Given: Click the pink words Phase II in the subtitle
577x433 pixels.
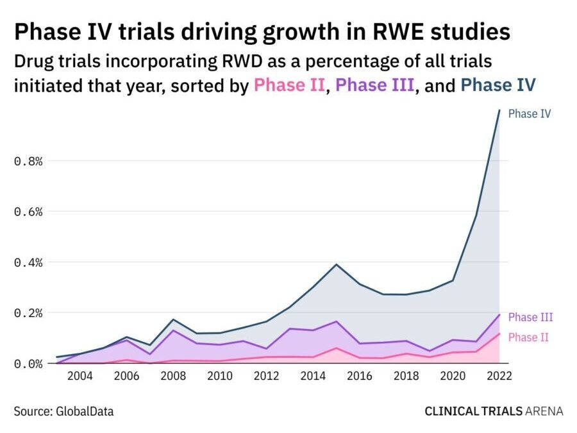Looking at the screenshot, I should (x=290, y=85).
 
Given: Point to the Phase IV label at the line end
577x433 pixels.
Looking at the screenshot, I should (x=530, y=114).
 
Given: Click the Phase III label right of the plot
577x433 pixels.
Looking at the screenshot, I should (x=530, y=317).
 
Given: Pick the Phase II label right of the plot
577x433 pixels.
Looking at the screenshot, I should (x=528, y=337).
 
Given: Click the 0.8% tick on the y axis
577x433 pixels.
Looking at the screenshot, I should (x=28, y=161).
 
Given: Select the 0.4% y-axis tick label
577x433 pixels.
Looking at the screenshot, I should (x=28, y=262).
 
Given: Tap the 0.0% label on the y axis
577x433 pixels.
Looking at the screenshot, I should (x=28, y=364).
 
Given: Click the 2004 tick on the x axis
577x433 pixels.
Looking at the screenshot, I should (x=80, y=377).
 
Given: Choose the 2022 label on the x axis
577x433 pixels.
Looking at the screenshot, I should (x=498, y=377).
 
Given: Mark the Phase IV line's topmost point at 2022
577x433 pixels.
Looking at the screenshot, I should (x=499, y=110).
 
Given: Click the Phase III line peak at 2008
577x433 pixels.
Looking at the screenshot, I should (x=173, y=330).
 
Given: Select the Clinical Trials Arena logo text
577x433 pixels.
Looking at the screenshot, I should (x=494, y=411).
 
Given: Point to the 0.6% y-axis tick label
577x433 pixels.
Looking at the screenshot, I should (x=28, y=212).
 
